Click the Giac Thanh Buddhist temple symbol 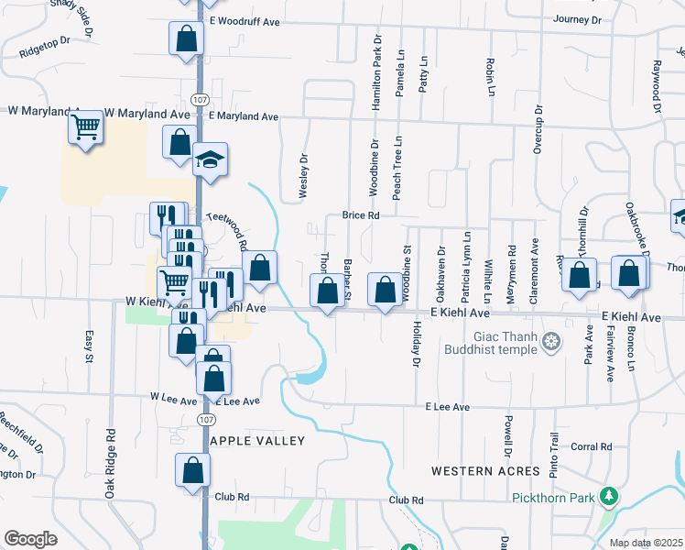pos(550,343)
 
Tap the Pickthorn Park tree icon pos(607,498)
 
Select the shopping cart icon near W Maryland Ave pos(86,127)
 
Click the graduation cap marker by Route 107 pos(210,159)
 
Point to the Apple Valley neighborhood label pos(257,441)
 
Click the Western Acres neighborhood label pos(486,470)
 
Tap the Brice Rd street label pos(361,215)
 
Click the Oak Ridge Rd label pos(109,465)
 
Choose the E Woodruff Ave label pos(243,19)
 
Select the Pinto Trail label pos(553,456)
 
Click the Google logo pos(30,538)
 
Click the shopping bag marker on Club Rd pos(194,471)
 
